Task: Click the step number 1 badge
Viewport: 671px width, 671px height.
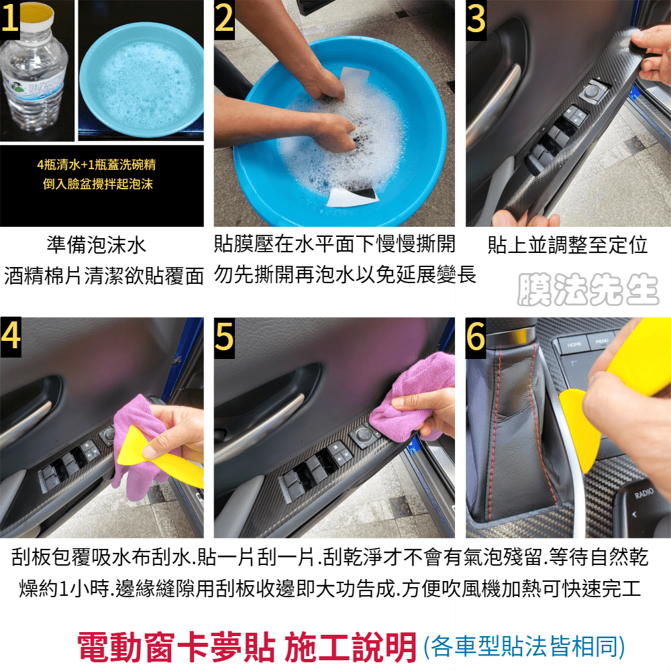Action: coord(10,19)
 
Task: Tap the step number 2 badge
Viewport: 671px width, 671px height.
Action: coord(224,19)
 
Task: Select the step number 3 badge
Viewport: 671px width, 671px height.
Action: coord(476,19)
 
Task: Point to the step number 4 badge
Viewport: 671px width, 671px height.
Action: coord(11,338)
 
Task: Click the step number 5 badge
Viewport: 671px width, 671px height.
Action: coord(224,338)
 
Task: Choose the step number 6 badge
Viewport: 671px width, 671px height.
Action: coord(476,338)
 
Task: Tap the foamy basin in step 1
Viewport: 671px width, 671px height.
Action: coord(141,80)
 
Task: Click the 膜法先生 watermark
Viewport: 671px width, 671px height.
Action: coord(588,290)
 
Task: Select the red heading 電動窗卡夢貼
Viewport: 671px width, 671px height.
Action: coord(176,648)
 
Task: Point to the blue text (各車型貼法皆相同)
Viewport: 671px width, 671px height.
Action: coord(524,647)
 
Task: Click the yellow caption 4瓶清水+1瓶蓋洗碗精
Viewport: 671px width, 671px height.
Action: coord(97,165)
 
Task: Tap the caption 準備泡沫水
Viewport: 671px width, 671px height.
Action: coord(96,245)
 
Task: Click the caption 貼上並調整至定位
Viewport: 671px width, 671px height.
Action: coord(568,245)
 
